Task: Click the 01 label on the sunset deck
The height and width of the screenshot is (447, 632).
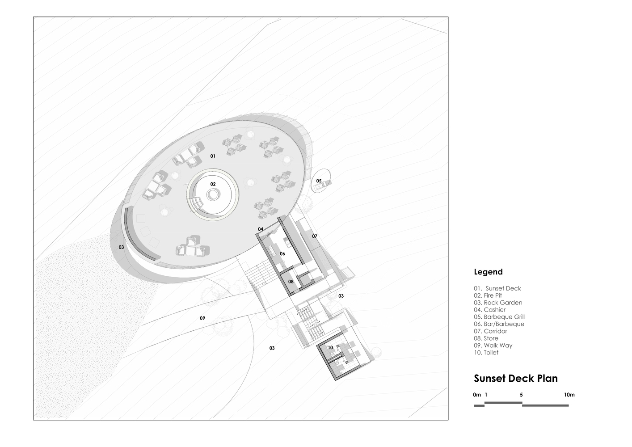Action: [213, 156]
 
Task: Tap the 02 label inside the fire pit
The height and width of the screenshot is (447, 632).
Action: [213, 184]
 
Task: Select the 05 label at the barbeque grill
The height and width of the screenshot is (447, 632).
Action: [319, 181]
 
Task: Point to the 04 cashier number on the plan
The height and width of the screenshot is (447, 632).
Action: [261, 229]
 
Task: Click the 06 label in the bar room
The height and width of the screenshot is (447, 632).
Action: [282, 254]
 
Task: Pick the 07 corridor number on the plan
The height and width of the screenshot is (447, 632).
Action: [315, 236]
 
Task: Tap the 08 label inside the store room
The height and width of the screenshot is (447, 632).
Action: [291, 282]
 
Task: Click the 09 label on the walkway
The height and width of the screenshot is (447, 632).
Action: [202, 318]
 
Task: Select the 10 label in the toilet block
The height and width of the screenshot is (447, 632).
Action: [330, 348]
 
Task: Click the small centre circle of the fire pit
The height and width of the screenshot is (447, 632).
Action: [213, 194]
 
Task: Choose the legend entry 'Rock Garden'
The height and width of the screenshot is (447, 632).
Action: [498, 303]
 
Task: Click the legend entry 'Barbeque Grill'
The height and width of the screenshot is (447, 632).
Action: [499, 317]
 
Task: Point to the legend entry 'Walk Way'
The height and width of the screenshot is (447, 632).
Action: [493, 346]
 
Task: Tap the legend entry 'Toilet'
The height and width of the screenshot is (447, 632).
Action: [486, 353]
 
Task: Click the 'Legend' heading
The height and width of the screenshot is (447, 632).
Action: [488, 272]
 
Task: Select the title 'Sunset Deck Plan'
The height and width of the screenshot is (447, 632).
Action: [516, 379]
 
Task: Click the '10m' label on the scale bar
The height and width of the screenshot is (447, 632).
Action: [569, 395]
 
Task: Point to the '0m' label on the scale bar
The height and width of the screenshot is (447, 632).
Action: [477, 395]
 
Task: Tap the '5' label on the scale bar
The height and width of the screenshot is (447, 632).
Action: [522, 395]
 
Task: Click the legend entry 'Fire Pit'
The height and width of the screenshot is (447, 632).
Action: [488, 295]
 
